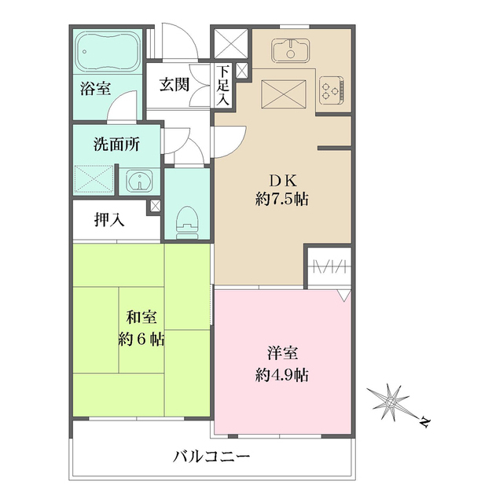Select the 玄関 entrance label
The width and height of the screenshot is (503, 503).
[x=174, y=85]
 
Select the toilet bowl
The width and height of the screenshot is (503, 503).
[x=186, y=221]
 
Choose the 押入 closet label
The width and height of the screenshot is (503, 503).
[x=109, y=220]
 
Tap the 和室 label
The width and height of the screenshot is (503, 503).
[x=141, y=318]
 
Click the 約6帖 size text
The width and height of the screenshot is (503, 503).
[x=141, y=340]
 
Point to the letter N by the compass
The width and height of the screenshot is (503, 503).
[x=424, y=424]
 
